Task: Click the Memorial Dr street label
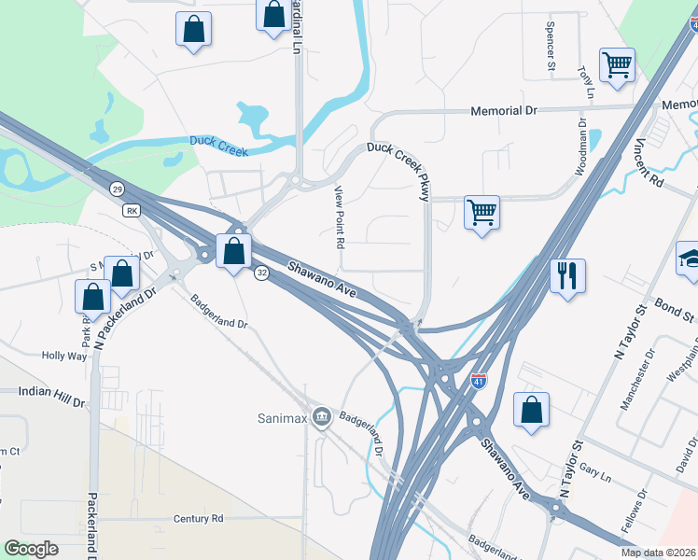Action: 505,110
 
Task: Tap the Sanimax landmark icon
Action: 322,415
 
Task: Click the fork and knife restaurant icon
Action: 567,275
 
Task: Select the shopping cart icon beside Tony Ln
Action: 617,65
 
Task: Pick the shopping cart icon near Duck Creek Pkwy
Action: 482,213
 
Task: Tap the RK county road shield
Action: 131,210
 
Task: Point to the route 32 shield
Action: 262,273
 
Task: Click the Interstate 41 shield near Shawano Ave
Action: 478,382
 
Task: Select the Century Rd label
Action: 199,518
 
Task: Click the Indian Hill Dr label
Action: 51,392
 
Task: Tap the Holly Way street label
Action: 64,356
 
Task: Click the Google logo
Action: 32,549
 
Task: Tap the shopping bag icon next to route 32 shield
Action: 233,249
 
